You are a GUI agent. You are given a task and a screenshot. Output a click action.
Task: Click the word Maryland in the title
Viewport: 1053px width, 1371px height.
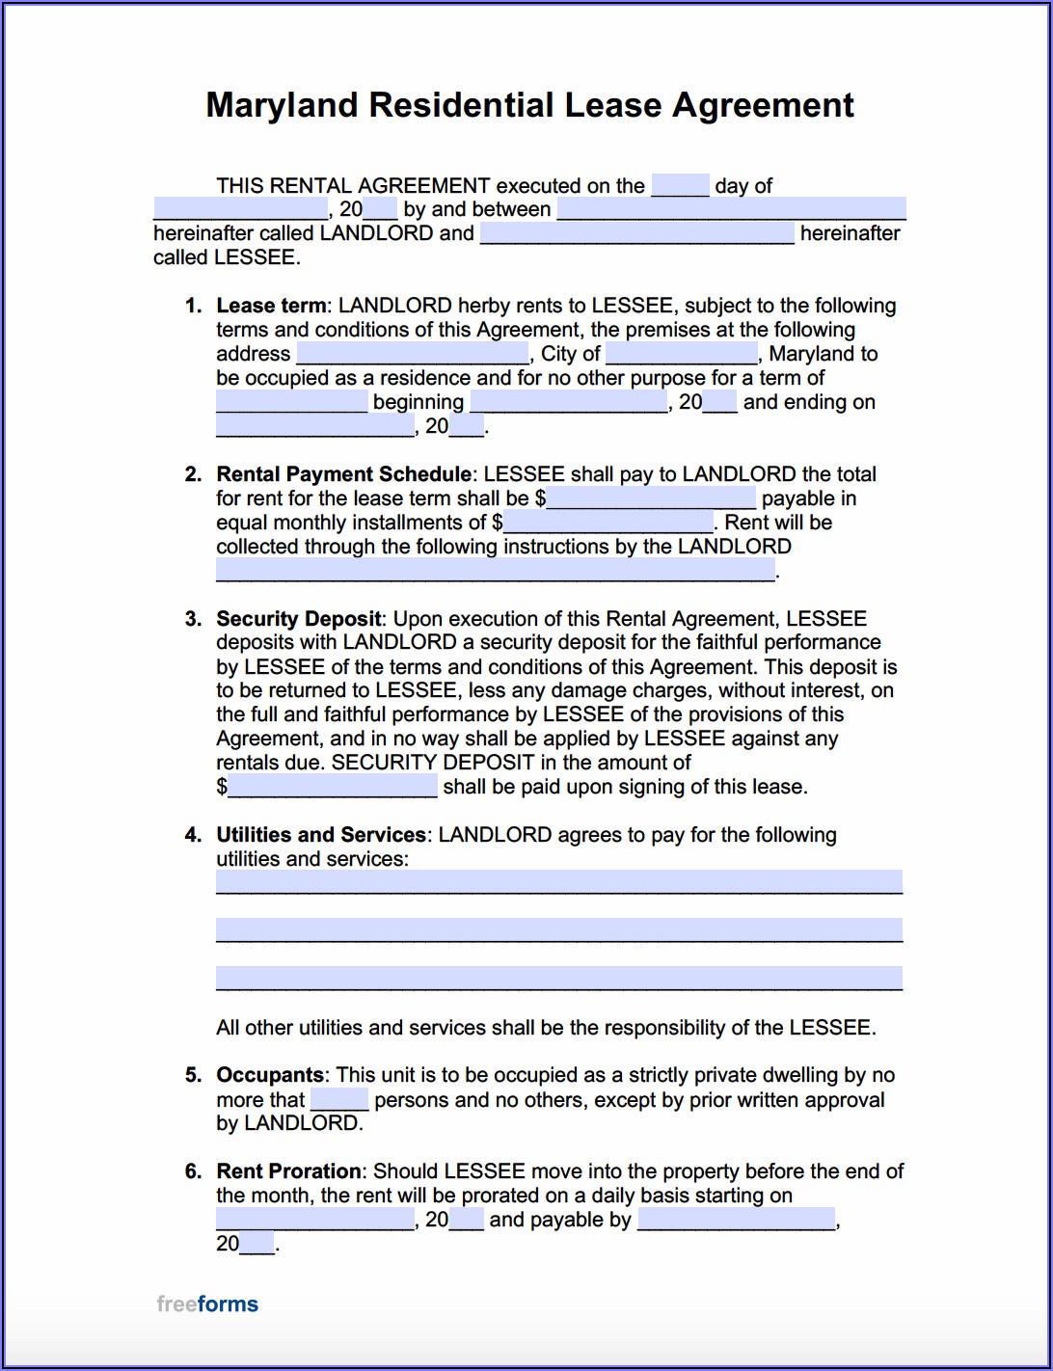(x=282, y=105)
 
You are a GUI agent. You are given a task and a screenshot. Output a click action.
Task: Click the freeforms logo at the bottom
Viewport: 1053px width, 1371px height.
(x=207, y=1304)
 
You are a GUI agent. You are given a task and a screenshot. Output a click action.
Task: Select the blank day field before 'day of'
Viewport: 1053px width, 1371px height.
(x=680, y=185)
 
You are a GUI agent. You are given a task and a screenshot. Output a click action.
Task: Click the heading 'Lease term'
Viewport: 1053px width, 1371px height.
(x=271, y=306)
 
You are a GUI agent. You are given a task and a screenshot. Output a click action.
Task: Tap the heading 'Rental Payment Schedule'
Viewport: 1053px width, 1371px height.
(x=343, y=474)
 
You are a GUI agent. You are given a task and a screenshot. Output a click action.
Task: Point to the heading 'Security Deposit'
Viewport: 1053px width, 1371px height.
(x=299, y=619)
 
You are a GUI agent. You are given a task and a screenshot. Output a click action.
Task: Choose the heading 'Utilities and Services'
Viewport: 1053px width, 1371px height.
(x=320, y=835)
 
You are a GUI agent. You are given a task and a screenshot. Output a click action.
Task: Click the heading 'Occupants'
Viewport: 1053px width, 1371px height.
(x=270, y=1075)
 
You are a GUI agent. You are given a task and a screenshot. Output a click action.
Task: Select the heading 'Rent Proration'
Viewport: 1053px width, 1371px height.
(x=288, y=1171)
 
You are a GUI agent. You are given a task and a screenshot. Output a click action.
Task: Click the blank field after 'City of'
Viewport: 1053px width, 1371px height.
(x=682, y=354)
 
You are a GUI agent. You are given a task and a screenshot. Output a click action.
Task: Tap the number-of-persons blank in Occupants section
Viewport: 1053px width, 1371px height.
(x=339, y=1099)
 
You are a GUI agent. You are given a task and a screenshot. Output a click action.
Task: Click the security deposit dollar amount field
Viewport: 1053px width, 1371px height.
(x=333, y=787)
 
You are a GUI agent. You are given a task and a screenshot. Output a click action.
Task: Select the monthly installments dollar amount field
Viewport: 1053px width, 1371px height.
(x=608, y=523)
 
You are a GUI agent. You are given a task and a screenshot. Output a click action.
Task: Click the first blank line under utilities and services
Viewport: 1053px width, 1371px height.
(x=559, y=881)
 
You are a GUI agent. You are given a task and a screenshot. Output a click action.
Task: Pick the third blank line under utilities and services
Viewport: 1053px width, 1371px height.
(x=559, y=978)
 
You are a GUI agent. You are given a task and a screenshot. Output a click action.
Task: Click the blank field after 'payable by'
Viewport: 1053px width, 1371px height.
(x=737, y=1220)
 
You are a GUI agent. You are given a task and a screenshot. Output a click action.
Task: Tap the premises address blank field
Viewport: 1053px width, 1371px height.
(x=413, y=354)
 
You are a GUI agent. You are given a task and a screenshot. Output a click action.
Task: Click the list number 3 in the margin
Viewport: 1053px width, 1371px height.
(x=193, y=619)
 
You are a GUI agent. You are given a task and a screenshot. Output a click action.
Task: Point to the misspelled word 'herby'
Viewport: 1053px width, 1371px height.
(x=483, y=306)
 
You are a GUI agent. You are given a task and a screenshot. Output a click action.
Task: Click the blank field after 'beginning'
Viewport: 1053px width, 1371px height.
(x=569, y=402)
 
